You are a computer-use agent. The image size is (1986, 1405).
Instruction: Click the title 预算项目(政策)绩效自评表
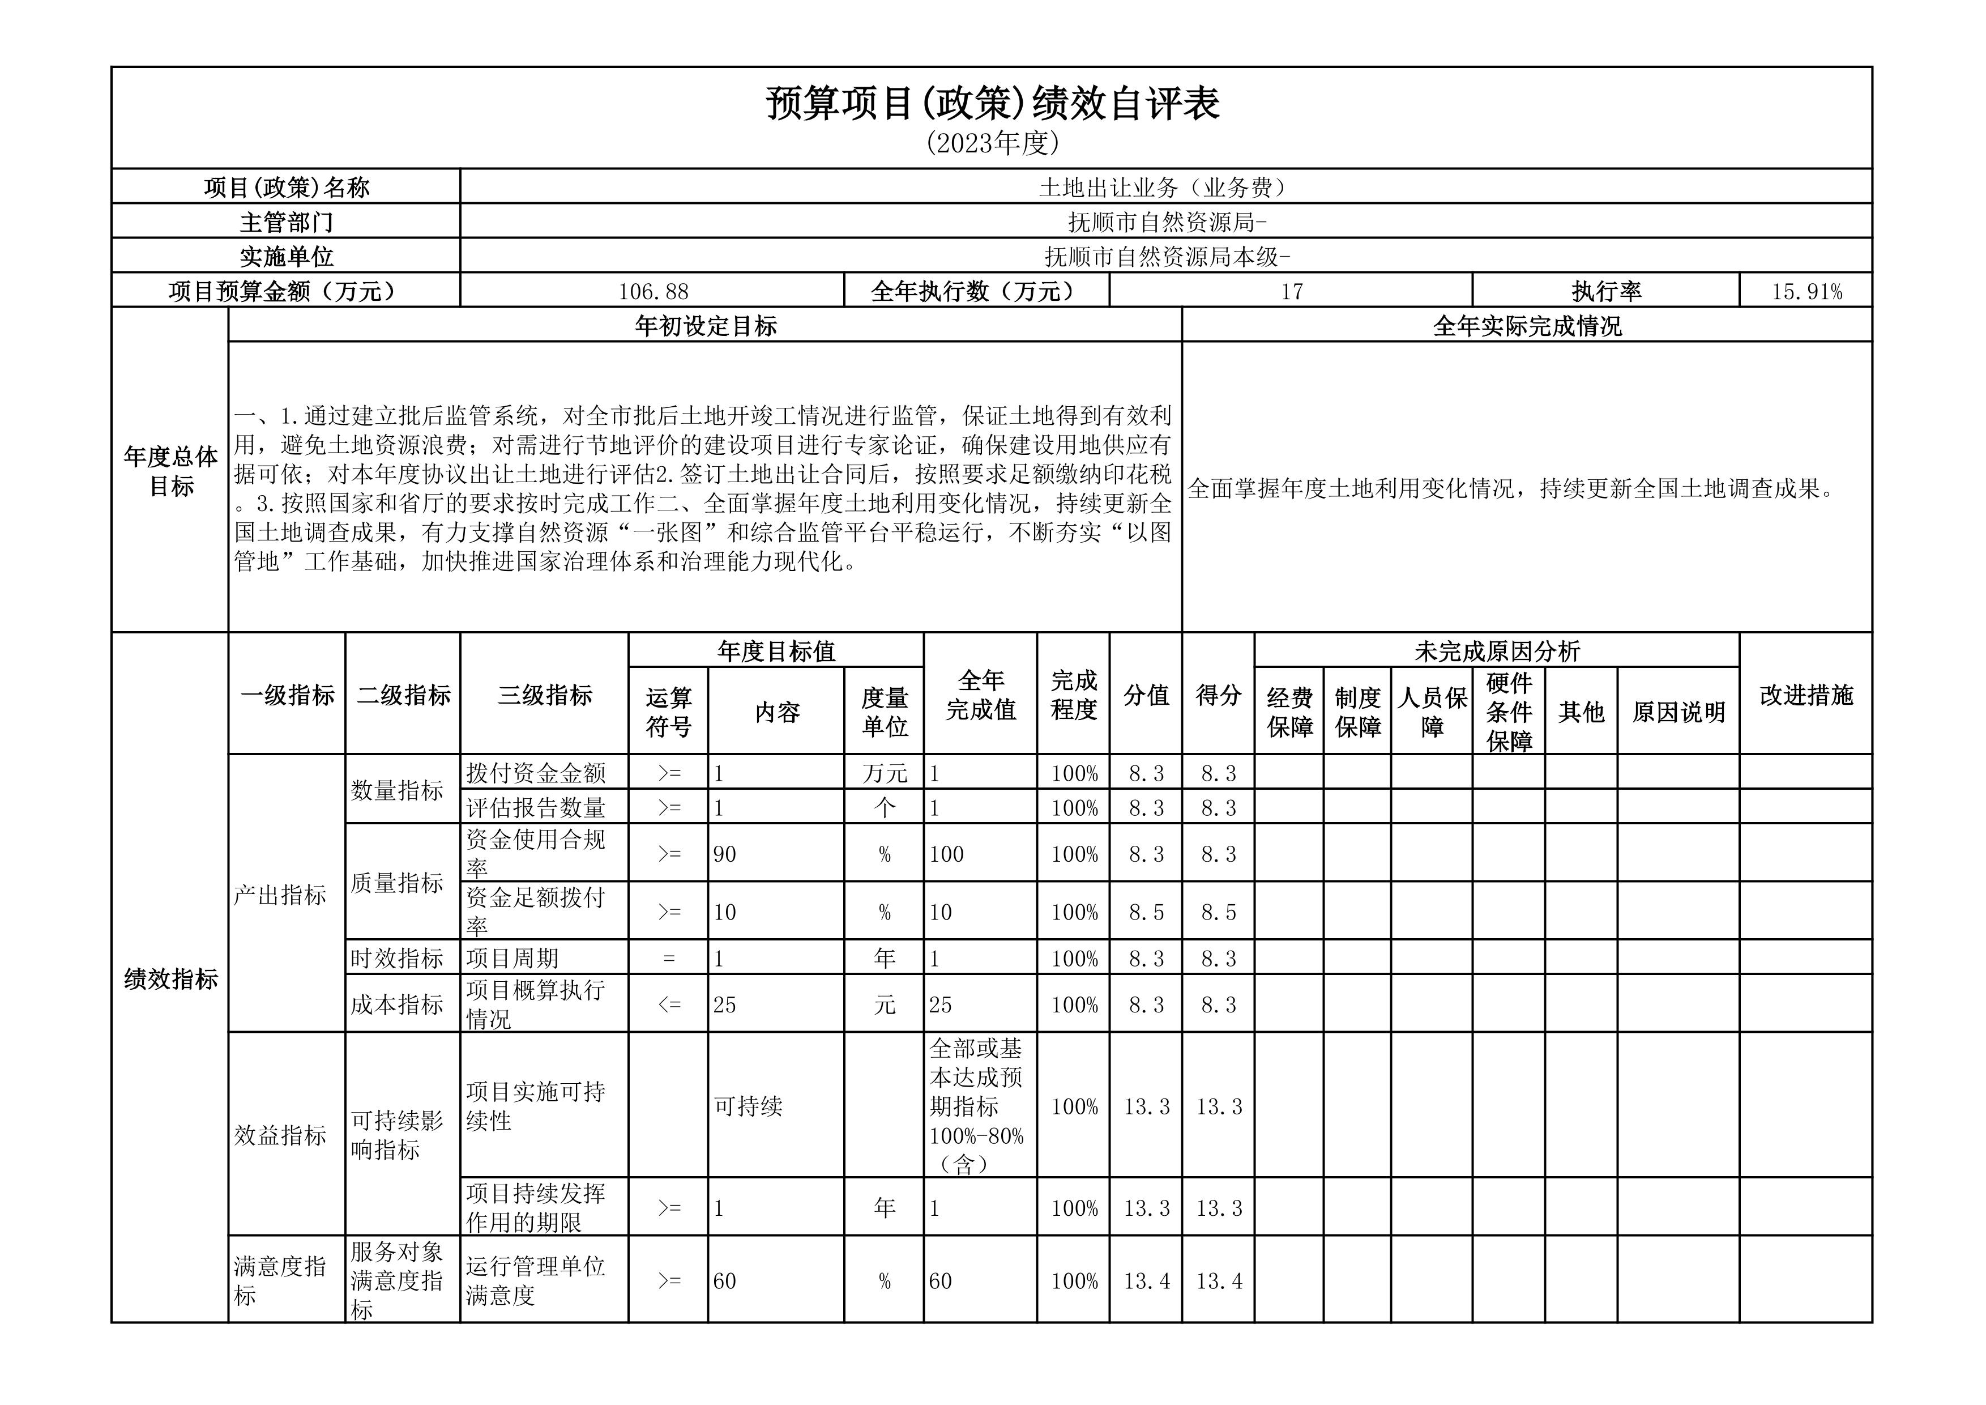click(992, 104)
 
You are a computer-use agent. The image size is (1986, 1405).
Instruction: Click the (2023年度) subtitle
click(992, 143)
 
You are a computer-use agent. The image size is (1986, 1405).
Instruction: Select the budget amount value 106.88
click(653, 292)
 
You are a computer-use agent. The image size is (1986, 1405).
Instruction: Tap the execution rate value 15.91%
click(1806, 292)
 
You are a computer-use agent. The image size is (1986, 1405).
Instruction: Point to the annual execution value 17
click(1291, 292)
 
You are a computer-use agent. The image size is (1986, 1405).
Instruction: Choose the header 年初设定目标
click(705, 326)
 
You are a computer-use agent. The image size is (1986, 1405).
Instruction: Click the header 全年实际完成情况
click(1527, 326)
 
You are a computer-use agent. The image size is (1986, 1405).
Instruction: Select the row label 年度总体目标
click(170, 471)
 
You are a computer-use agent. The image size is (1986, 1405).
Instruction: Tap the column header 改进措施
click(1806, 695)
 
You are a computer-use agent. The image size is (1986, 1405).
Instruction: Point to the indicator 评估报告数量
click(535, 808)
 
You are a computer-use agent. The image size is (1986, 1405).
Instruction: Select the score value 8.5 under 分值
click(1146, 913)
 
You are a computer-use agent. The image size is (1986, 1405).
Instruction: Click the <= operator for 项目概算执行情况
click(669, 1005)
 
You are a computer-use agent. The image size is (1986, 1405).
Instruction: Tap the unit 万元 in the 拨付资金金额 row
click(884, 773)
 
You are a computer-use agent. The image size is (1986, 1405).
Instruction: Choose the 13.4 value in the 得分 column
click(1219, 1281)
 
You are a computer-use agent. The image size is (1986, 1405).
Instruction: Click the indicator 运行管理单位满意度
click(535, 1281)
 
